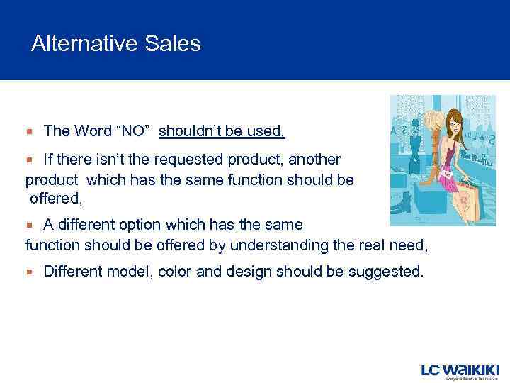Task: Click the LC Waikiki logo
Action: pyautogui.click(x=460, y=370)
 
